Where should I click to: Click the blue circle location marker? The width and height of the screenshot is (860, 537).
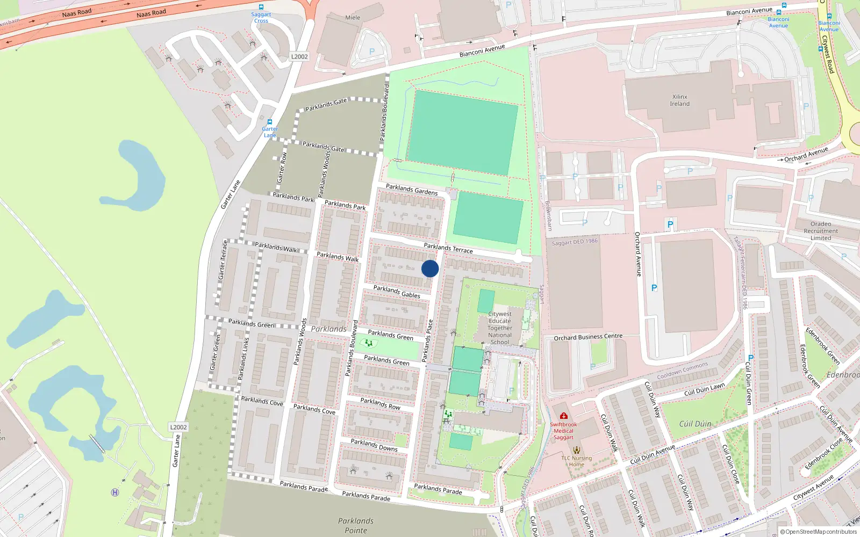click(x=430, y=268)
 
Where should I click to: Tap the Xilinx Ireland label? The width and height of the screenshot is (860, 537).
click(x=679, y=100)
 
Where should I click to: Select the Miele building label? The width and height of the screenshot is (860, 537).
click(x=353, y=18)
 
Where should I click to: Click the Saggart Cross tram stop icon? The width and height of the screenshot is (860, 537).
click(x=261, y=7)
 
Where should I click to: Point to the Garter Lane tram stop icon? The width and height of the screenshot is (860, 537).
click(x=270, y=122)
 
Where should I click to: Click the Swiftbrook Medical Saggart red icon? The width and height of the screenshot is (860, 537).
click(x=563, y=416)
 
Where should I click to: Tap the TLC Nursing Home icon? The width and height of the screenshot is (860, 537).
click(x=577, y=450)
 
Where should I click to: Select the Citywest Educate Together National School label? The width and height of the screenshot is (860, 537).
click(x=500, y=328)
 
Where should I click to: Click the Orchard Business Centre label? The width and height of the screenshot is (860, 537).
click(x=588, y=337)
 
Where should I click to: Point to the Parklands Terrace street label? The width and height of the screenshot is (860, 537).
click(x=448, y=248)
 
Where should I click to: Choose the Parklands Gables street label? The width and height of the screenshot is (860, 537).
click(x=397, y=292)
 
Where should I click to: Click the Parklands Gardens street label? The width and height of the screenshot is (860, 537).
click(x=412, y=189)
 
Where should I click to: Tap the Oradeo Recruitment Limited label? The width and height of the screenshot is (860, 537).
click(x=821, y=231)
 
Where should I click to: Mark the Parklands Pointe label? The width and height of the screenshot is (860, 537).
click(x=356, y=526)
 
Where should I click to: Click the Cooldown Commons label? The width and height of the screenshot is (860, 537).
click(x=683, y=371)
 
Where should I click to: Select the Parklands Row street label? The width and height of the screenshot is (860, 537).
click(x=380, y=403)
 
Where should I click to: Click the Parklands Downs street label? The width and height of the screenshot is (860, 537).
click(x=374, y=445)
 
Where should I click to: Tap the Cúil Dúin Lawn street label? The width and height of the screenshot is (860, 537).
click(x=704, y=389)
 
